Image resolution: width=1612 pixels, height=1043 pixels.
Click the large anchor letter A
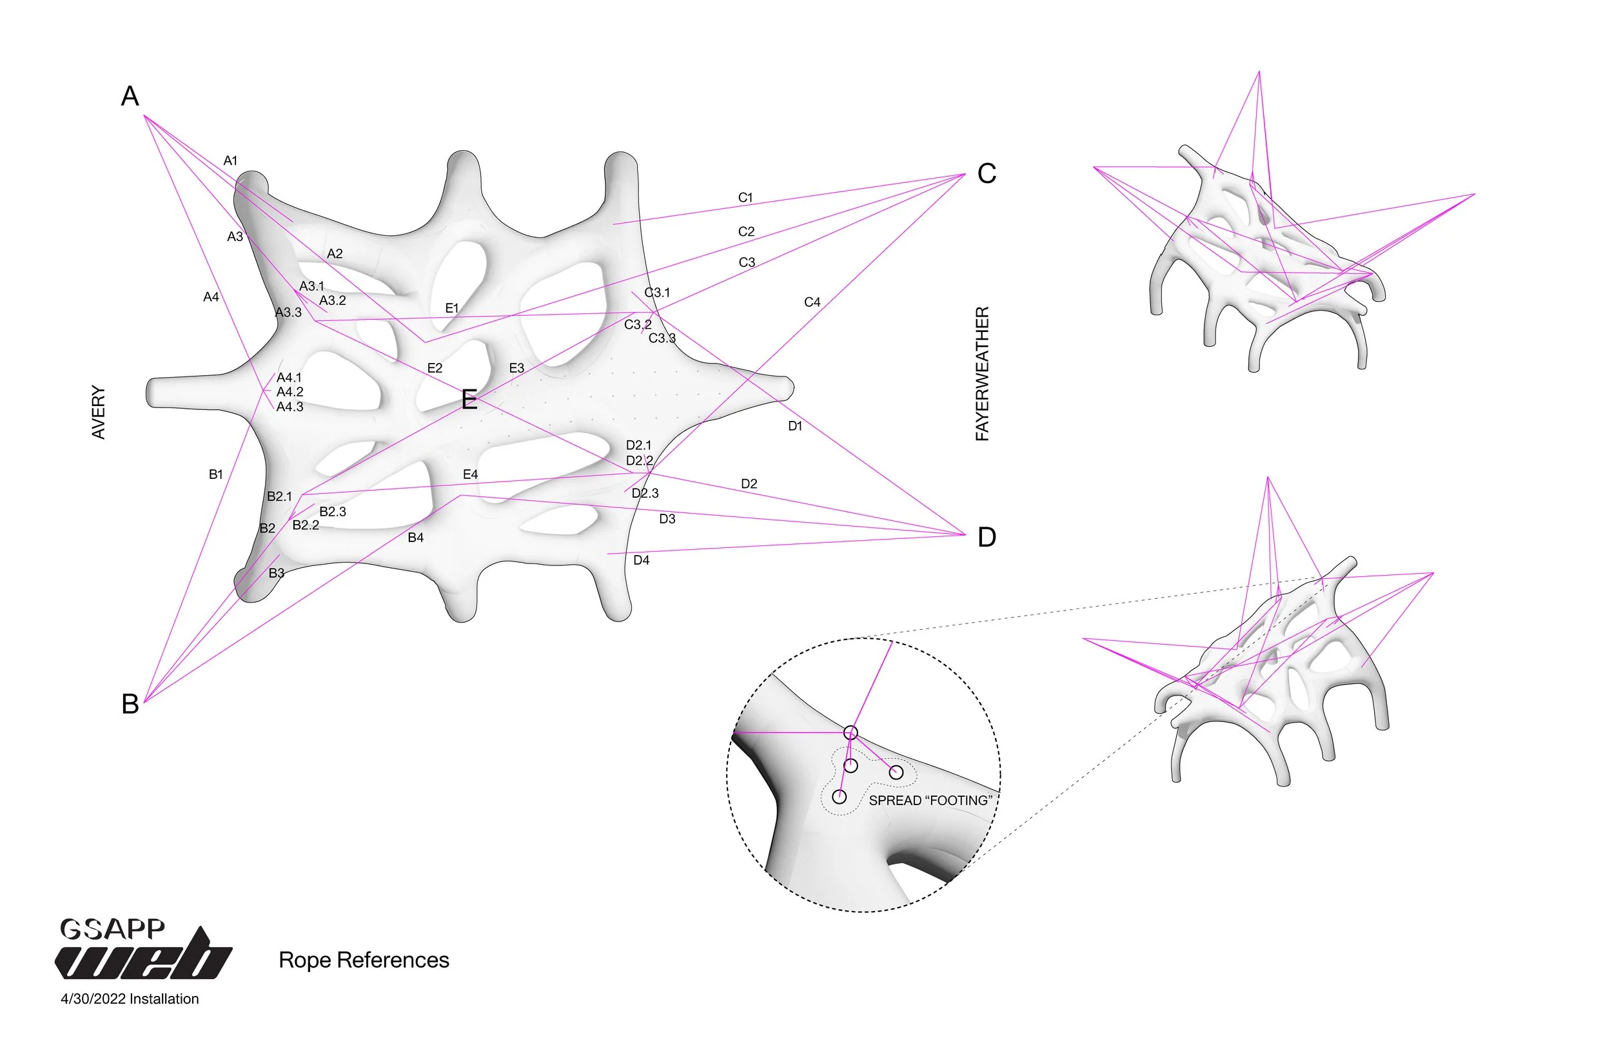(x=130, y=96)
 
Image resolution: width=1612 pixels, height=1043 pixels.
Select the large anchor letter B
(x=130, y=705)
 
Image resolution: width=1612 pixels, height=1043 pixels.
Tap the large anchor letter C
(x=986, y=174)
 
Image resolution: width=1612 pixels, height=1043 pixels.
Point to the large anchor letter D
(x=986, y=538)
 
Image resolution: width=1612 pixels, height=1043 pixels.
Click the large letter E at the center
(x=469, y=400)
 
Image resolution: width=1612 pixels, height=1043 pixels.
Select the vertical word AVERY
(x=99, y=413)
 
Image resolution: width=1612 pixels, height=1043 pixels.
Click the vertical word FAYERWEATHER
(x=982, y=374)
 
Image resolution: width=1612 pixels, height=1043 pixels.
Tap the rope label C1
(x=745, y=198)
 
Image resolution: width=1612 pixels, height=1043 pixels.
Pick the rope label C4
(x=812, y=302)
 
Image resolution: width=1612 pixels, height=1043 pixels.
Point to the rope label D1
(x=795, y=426)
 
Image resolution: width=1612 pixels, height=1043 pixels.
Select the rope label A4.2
(x=290, y=392)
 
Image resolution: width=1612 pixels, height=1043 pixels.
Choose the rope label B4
(x=415, y=538)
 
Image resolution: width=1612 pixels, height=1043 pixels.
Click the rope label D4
(x=641, y=560)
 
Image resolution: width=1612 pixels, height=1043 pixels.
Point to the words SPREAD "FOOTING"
(x=930, y=801)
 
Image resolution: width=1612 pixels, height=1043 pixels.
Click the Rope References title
(x=364, y=960)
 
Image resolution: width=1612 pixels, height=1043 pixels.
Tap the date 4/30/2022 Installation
(x=130, y=999)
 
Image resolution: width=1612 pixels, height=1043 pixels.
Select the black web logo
(x=144, y=955)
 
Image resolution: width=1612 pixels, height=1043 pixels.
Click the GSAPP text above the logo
(x=112, y=928)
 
